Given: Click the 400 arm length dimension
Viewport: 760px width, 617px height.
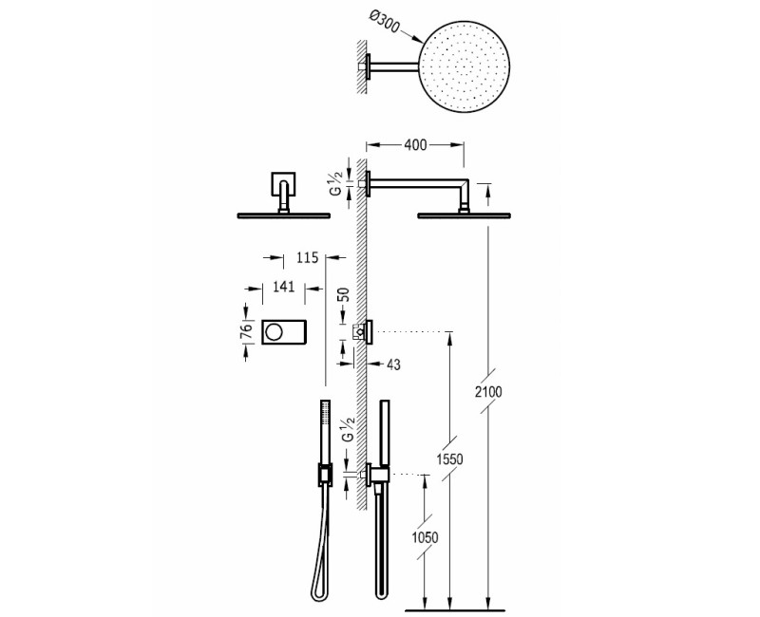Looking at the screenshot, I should pos(415,144).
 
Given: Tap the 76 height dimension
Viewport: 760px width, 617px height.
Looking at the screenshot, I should pos(243,331).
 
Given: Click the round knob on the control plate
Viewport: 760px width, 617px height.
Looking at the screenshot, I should pos(274,331).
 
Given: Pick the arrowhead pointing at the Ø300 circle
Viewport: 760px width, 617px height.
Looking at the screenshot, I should pos(418,39).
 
